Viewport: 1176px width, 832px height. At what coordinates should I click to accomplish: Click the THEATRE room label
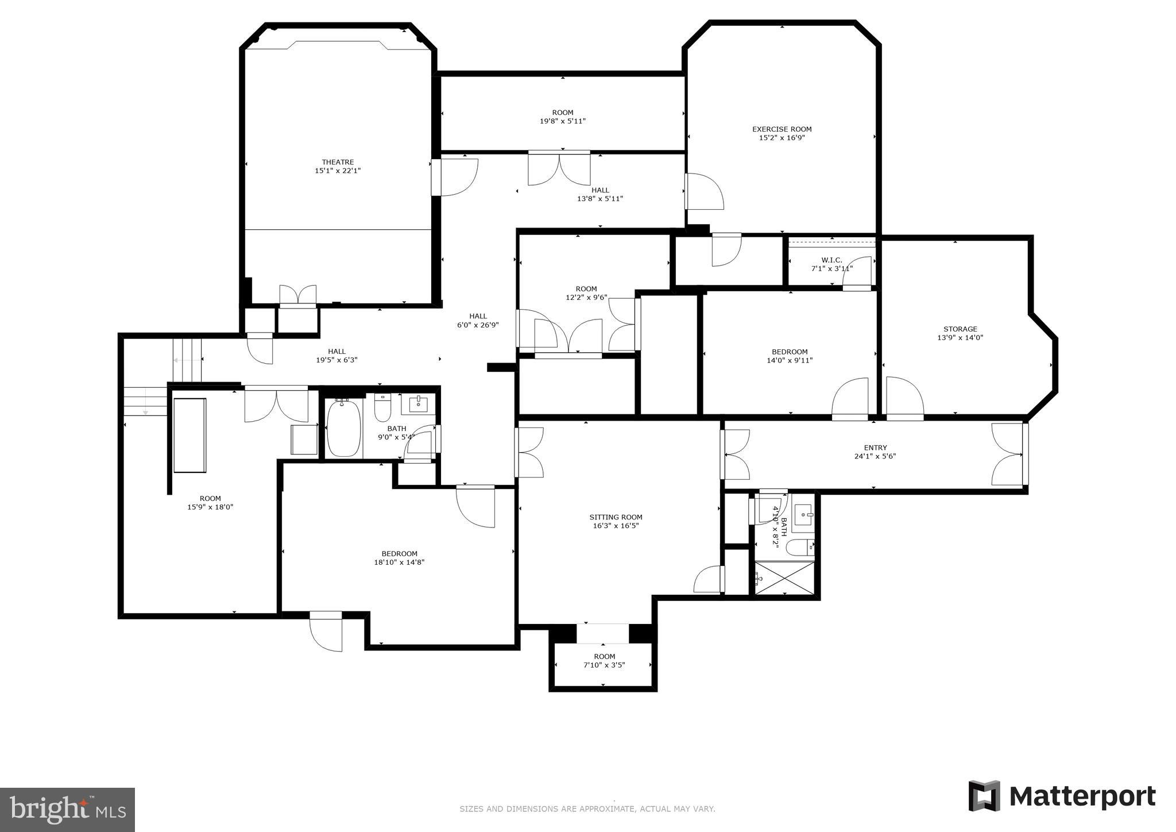(x=338, y=163)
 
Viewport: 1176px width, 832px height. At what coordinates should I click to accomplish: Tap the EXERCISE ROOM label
(x=782, y=129)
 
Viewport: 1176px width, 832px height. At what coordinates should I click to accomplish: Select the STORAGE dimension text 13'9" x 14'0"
(x=960, y=338)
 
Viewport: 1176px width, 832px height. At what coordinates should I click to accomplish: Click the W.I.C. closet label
(x=831, y=260)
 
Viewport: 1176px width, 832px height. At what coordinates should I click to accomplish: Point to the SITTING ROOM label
(x=616, y=517)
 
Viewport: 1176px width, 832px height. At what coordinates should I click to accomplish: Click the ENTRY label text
(x=875, y=448)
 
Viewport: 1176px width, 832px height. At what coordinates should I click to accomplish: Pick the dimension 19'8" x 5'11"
(x=562, y=121)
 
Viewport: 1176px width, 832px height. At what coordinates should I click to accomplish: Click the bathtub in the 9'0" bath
(x=343, y=429)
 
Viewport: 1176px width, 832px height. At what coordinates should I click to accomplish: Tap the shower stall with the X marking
(x=784, y=579)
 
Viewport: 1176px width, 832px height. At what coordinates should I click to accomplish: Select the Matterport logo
(x=1062, y=796)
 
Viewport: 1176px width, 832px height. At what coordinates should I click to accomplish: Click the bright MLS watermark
(x=67, y=810)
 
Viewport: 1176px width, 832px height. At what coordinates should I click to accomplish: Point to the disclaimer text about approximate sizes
(x=587, y=809)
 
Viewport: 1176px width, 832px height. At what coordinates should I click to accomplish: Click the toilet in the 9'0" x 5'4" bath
(x=382, y=407)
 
